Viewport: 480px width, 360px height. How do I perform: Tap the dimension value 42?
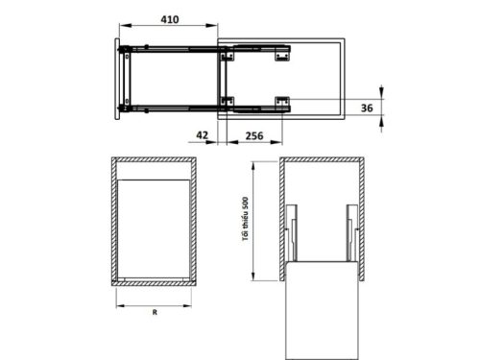pos(202,136)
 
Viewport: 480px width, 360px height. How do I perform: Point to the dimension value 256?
pos(255,136)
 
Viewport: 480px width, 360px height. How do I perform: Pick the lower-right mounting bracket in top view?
pos(282,101)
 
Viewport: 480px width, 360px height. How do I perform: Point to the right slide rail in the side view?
pos(351,232)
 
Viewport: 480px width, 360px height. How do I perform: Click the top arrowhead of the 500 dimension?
pos(253,159)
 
